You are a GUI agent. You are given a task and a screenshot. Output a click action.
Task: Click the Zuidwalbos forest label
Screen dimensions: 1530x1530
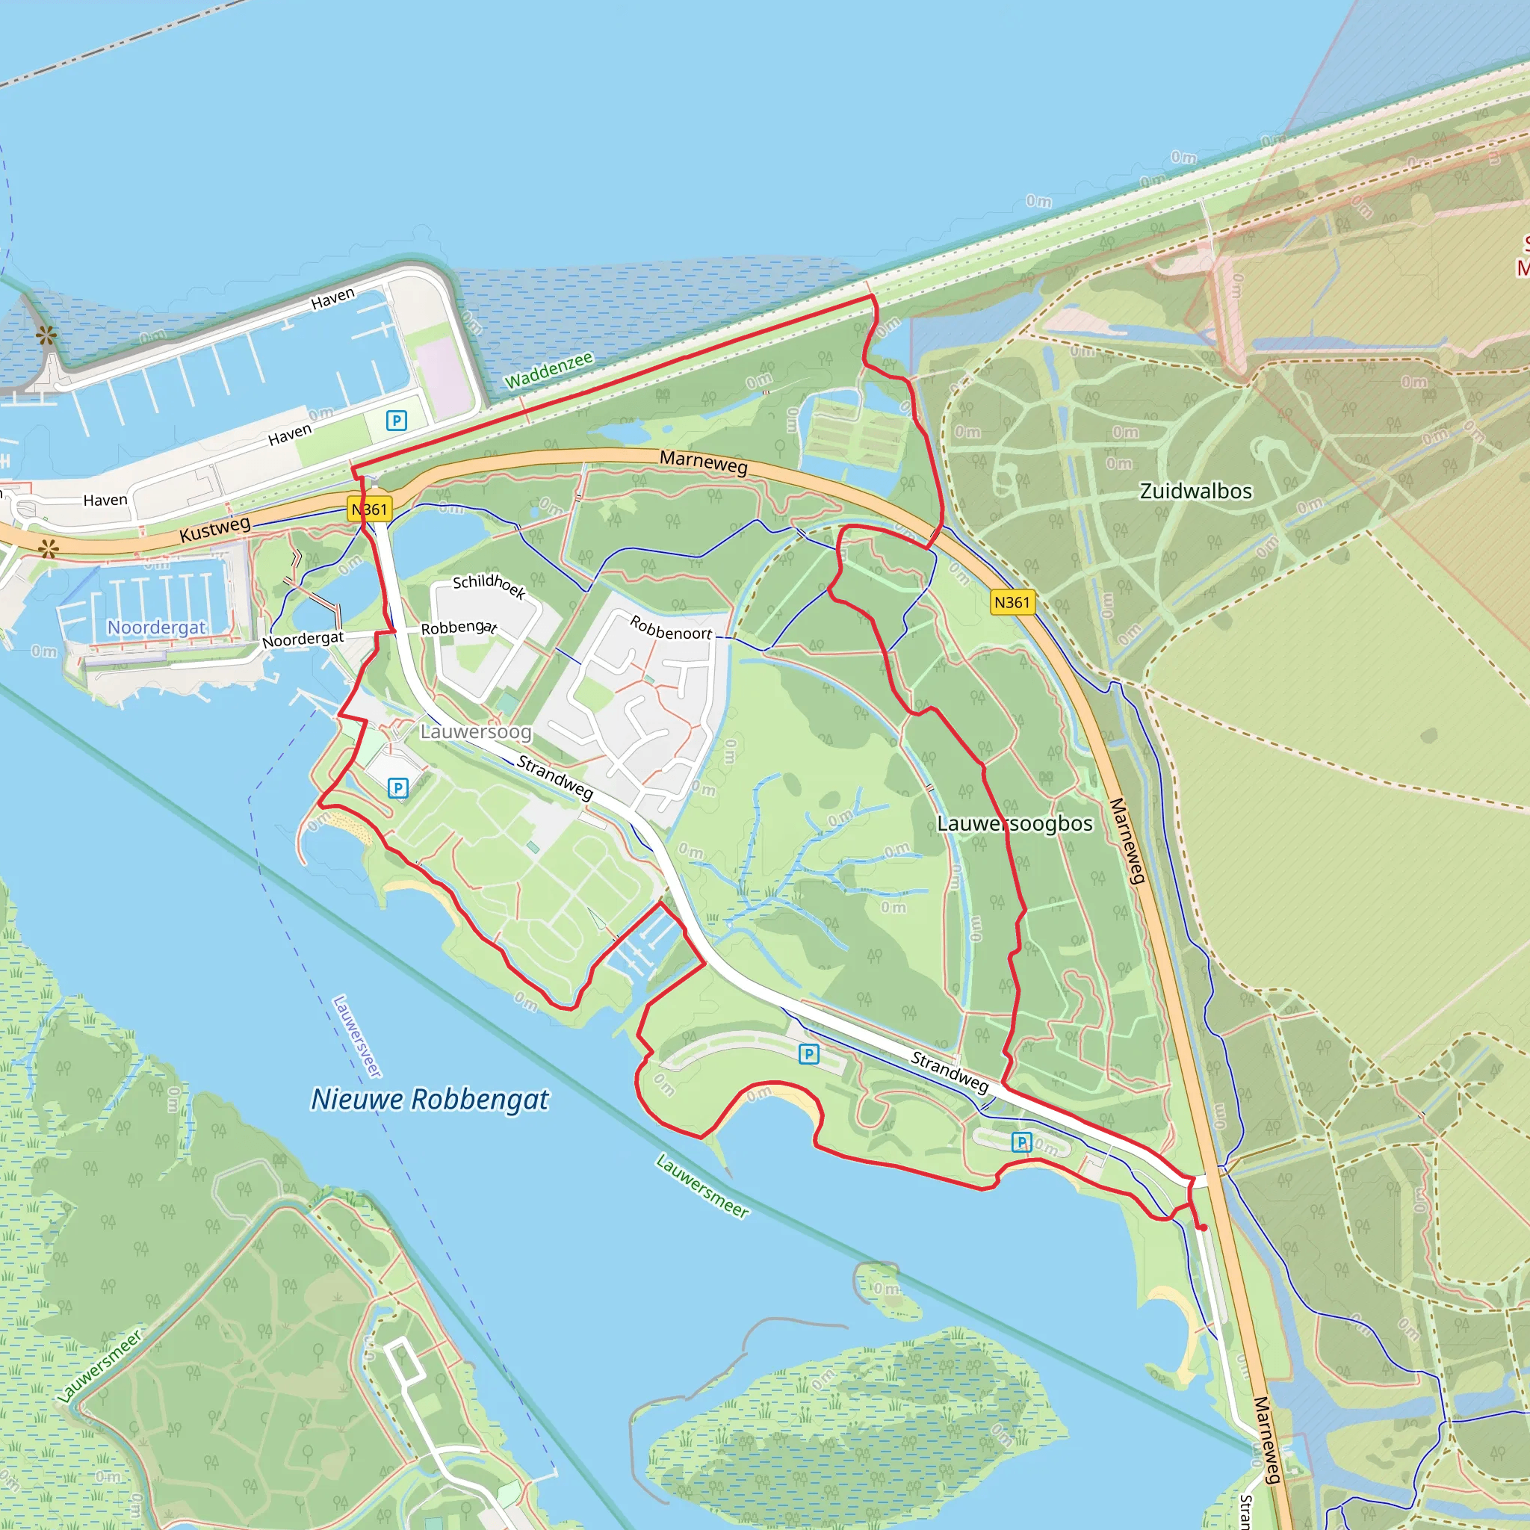[x=1196, y=492]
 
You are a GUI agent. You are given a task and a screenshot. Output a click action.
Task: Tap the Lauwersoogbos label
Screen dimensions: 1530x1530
[x=1015, y=823]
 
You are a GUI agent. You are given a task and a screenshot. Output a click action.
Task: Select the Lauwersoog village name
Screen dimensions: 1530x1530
[x=475, y=731]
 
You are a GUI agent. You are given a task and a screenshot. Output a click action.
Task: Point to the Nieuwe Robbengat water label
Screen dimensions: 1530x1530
[x=430, y=1099]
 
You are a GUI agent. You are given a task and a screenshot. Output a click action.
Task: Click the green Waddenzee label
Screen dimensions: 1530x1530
[x=549, y=371]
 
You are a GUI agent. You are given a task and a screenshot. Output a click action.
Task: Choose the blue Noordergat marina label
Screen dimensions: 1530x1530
[x=156, y=628]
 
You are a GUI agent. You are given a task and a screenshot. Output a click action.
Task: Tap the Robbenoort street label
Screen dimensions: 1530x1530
[x=671, y=628]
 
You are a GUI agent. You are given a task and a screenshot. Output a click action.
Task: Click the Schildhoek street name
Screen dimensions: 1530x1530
[x=489, y=585]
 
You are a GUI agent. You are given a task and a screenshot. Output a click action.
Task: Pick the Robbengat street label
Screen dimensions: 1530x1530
[x=459, y=628]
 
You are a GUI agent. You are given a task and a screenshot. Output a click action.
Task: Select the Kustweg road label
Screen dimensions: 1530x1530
[x=214, y=529]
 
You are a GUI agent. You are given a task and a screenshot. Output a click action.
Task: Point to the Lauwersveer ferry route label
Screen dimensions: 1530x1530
[x=357, y=1037]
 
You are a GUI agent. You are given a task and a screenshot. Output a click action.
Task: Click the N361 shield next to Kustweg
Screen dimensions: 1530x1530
[x=370, y=510]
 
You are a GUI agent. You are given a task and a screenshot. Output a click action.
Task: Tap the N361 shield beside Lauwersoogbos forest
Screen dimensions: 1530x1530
[x=1012, y=603]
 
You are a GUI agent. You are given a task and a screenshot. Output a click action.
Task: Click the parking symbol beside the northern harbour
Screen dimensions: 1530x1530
[x=397, y=421]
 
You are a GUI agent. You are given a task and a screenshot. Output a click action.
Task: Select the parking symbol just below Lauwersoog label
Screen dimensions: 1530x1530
[x=397, y=788]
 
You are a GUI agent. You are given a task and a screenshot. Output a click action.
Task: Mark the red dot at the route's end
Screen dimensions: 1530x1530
[x=1203, y=1228]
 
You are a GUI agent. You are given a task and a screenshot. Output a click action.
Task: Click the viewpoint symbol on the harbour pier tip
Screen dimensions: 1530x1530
[x=46, y=335]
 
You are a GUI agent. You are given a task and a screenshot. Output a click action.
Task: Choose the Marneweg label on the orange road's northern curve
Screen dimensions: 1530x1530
[x=703, y=462]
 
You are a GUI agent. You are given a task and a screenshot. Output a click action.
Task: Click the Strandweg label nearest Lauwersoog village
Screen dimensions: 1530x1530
[x=554, y=778]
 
